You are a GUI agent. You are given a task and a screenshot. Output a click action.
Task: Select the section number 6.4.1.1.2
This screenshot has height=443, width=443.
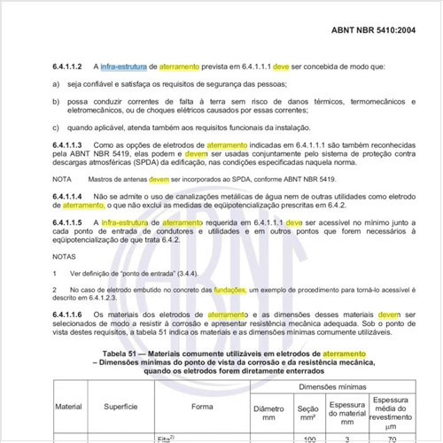click(x=67, y=66)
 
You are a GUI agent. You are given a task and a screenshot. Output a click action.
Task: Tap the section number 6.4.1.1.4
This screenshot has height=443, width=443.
click(x=67, y=195)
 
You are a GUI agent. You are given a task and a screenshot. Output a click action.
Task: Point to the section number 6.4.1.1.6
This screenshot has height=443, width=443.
click(x=67, y=315)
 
